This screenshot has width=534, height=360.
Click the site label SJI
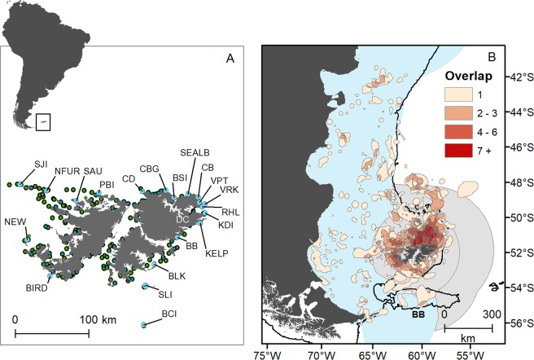[x=41, y=165]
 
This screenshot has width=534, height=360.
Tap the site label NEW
[x=15, y=222]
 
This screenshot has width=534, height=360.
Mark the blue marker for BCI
[x=143, y=324]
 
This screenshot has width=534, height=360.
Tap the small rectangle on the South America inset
[x=44, y=121]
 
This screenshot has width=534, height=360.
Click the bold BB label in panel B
[x=420, y=313]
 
